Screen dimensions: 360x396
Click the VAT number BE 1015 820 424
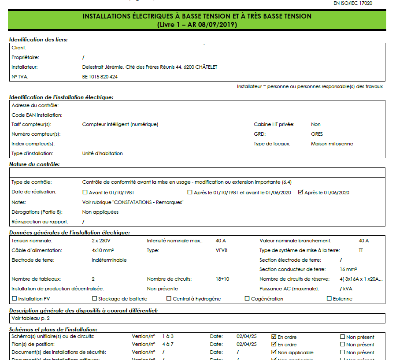coord(100,77)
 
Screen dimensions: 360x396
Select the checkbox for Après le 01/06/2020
coord(301,193)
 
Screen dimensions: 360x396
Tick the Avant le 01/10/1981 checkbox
coord(85,193)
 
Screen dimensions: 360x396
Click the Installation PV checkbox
coord(14,299)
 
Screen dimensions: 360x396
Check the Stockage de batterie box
coord(94,299)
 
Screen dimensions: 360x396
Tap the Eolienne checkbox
coord(329,299)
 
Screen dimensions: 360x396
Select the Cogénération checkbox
coord(247,299)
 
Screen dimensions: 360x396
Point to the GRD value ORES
coord(317,134)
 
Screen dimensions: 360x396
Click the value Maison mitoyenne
coord(332,144)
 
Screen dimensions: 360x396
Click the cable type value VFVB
coord(222,250)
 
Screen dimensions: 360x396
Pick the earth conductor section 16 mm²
coord(348,269)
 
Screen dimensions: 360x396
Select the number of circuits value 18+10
coord(222,279)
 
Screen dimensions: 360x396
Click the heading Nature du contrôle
coord(34,164)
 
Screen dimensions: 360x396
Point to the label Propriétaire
coord(25,57)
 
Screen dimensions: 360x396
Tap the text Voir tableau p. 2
coord(30,318)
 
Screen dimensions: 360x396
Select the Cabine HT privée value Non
coord(315,124)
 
